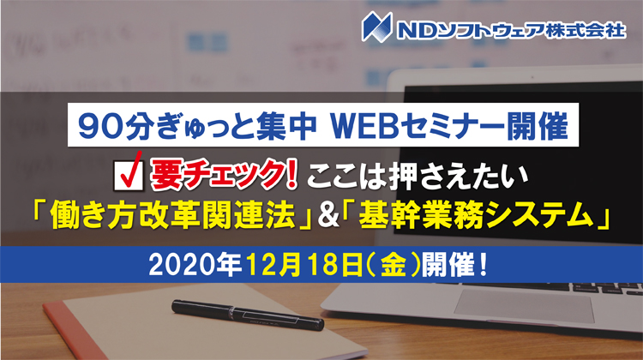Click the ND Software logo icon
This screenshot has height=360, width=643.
[x=376, y=27]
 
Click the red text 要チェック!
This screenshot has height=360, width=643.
[x=223, y=176]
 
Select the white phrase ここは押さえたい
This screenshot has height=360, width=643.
[x=417, y=176]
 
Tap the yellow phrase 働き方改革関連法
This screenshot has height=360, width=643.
[x=172, y=217]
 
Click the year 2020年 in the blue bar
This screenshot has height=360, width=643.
[x=194, y=265]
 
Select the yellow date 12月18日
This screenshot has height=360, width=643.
[x=303, y=265]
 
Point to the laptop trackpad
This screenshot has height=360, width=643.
[x=524, y=306]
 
